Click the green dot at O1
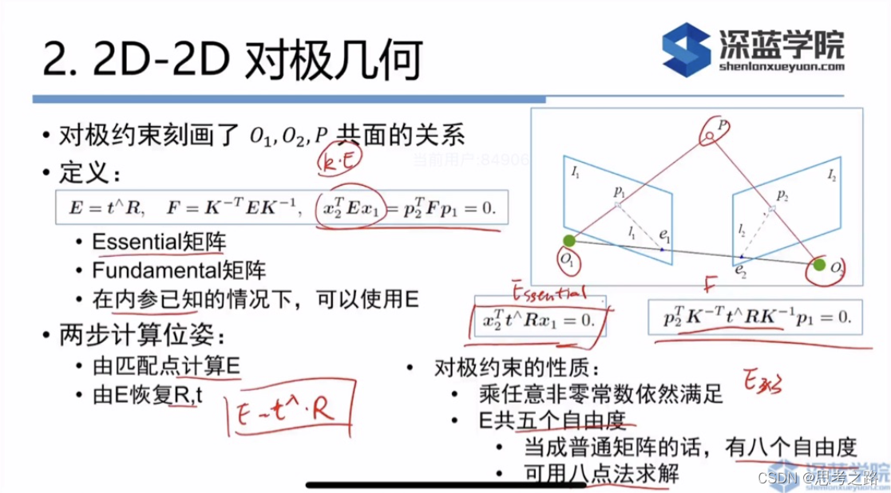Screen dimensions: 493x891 [x=568, y=241]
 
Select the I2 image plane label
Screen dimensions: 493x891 [x=831, y=173]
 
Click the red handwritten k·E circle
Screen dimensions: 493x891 [x=339, y=161]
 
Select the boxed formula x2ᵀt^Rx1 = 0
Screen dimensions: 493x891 [x=539, y=317]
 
